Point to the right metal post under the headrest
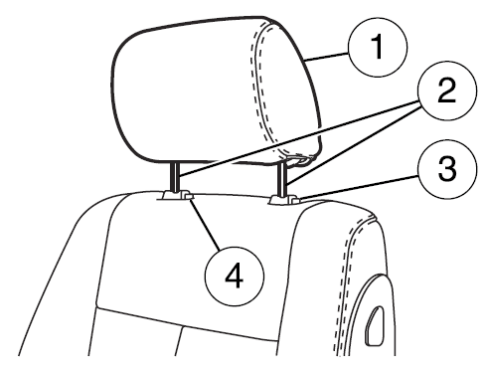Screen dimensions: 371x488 coord(284,179)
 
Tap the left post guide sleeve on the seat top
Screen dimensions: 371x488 coord(175,198)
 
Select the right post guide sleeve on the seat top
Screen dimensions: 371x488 coord(283,201)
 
